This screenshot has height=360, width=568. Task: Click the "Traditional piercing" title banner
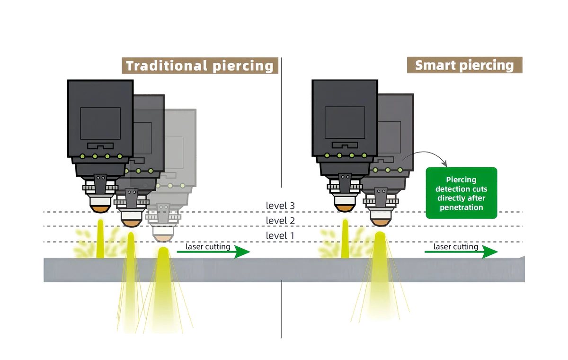(200, 66)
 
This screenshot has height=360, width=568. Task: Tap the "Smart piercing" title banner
(464, 65)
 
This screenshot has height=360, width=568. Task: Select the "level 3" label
(280, 206)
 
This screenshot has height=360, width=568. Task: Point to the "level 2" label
(280, 220)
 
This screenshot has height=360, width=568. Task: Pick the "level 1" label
(280, 235)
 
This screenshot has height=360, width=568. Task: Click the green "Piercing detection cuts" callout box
(461, 193)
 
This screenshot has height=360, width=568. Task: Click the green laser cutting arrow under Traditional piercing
(213, 252)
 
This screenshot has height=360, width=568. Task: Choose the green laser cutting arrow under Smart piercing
(461, 252)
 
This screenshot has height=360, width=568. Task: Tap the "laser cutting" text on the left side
(208, 247)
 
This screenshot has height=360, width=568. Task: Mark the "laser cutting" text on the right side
(456, 247)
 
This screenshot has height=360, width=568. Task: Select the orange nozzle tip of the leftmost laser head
(100, 209)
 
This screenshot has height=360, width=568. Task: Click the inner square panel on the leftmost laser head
(100, 123)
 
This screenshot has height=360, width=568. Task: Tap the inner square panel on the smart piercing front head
(345, 123)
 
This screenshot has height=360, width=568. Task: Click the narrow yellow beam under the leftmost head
(100, 239)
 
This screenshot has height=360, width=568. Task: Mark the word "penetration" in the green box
(461, 207)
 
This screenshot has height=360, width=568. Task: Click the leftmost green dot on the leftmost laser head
(82, 156)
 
